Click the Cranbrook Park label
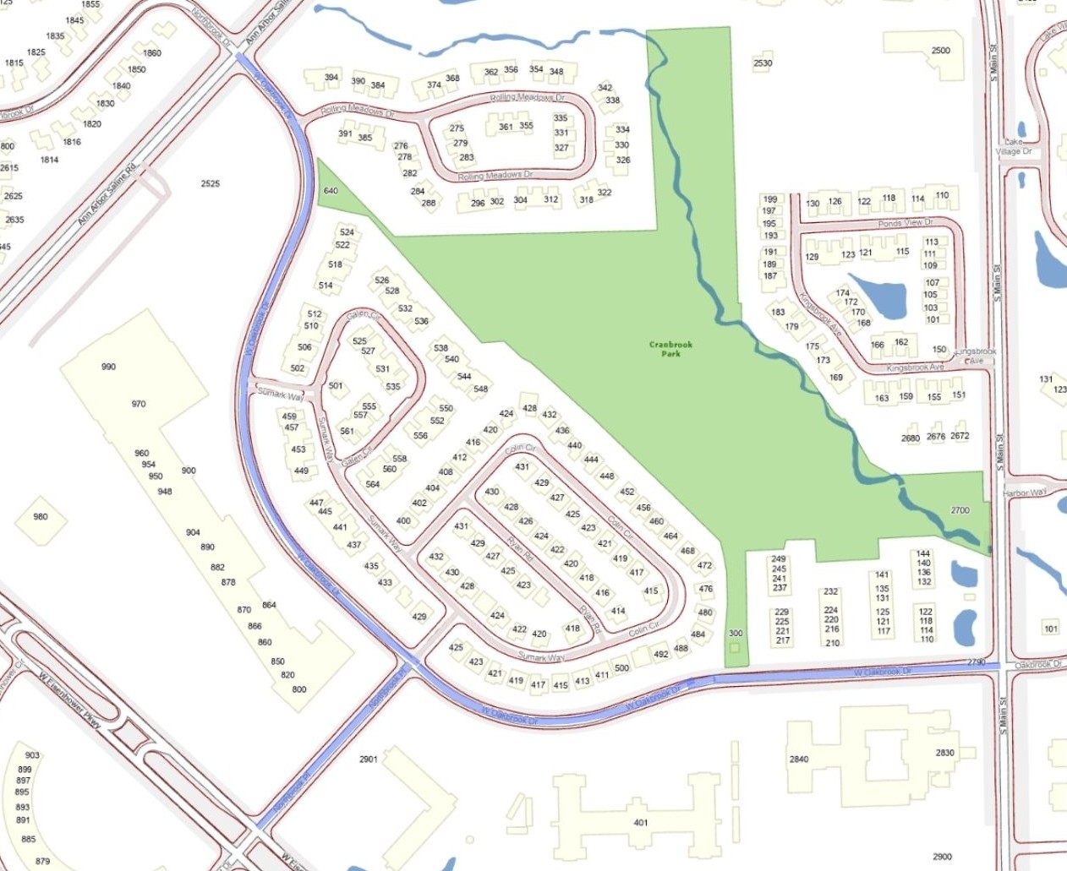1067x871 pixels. [670, 349]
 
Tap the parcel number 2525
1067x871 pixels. [211, 183]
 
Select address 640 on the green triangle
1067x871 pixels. [331, 191]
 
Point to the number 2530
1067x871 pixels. [763, 63]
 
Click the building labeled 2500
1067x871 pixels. [940, 51]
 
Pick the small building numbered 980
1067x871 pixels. [41, 516]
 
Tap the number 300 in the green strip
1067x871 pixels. [736, 634]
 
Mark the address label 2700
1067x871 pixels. [960, 510]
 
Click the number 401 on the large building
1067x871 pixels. [641, 822]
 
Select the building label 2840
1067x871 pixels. [799, 759]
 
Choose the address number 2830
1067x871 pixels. [944, 753]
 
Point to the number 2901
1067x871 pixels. [368, 759]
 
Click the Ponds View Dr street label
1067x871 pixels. [906, 223]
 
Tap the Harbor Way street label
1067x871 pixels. [1024, 493]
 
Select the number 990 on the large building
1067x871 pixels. [108, 367]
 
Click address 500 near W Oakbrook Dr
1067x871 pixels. [622, 668]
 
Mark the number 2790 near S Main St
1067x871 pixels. [977, 662]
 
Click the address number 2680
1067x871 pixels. [911, 438]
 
